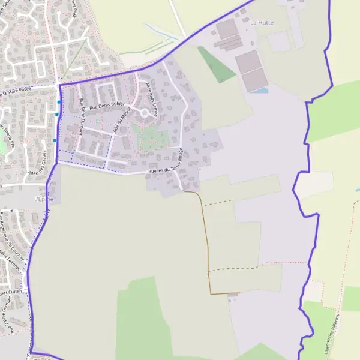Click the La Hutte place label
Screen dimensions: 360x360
[262, 23]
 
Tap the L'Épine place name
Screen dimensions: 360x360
[44, 199]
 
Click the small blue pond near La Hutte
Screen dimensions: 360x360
[259, 91]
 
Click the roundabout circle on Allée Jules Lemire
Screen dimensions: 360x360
[145, 112]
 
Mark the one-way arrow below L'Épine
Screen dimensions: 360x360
[12, 211]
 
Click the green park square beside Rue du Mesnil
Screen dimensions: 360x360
[153, 139]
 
